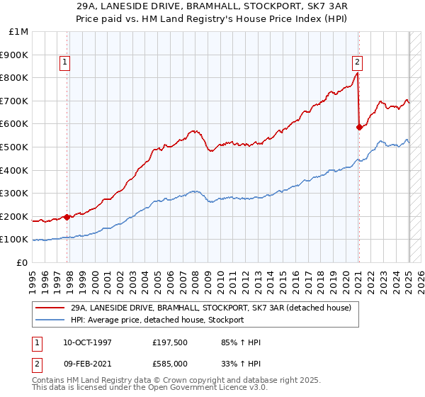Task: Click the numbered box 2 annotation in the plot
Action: click(357, 61)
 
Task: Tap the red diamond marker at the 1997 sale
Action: click(67, 217)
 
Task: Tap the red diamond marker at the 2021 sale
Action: click(359, 128)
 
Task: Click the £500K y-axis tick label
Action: click(15, 147)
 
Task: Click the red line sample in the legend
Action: click(50, 308)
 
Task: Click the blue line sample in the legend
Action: click(50, 320)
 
